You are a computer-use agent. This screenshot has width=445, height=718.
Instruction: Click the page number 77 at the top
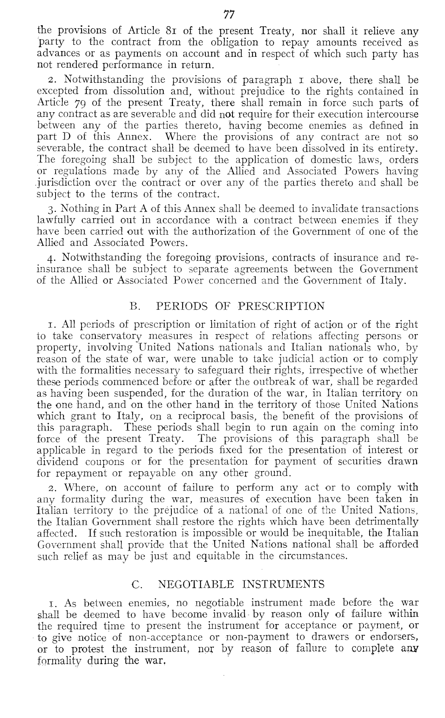(228, 15)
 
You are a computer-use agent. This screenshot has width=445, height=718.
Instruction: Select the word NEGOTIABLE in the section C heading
(199, 584)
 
